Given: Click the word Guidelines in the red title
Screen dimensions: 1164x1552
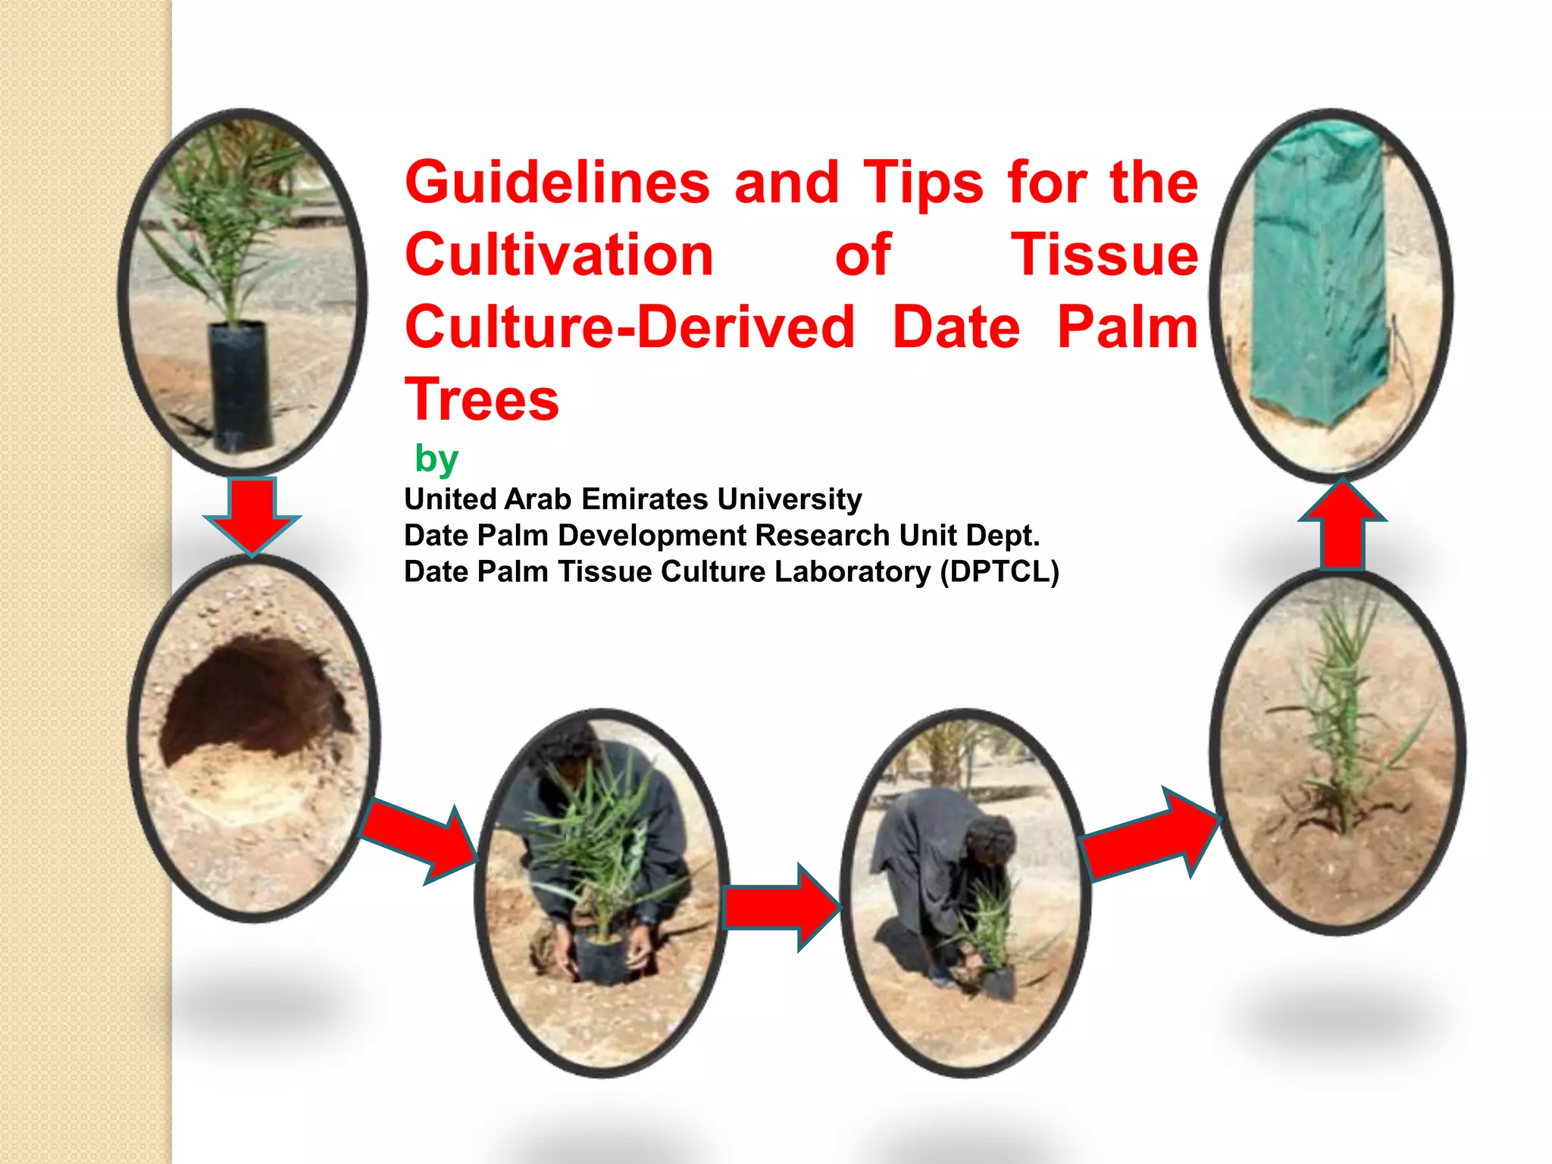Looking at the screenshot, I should (557, 183).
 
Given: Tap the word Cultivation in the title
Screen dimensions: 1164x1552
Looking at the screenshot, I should (559, 255).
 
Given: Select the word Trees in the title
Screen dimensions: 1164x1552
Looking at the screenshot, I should (482, 399).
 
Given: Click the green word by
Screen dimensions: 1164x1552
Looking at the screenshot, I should (436, 458).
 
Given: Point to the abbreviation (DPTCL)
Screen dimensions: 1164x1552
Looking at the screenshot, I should (1000, 572).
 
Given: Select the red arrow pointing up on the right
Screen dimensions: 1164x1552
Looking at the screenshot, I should (1342, 527).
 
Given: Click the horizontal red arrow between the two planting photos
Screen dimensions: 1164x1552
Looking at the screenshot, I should (781, 907).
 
